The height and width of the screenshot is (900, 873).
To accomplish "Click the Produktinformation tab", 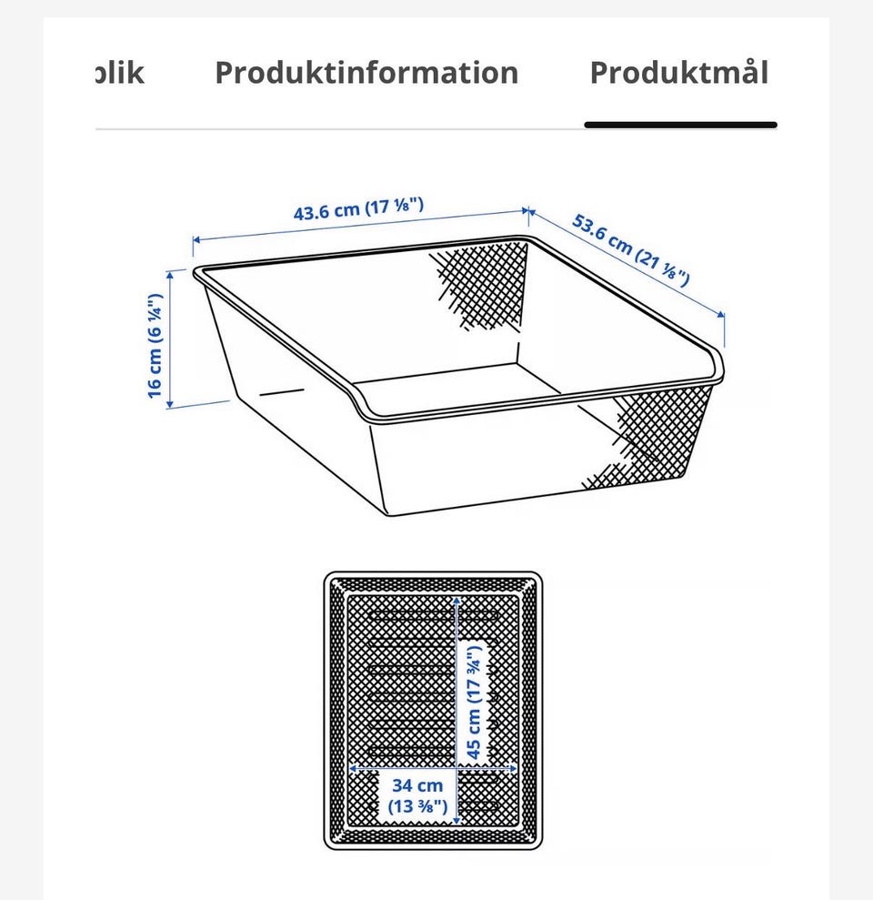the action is click(x=366, y=73).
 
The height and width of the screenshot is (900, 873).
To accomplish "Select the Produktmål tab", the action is click(x=679, y=72).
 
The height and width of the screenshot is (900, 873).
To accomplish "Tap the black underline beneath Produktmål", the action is click(x=681, y=125).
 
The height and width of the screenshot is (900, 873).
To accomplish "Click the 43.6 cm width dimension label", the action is click(x=358, y=208).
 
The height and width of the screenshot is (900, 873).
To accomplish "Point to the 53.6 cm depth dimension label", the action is click(x=631, y=249).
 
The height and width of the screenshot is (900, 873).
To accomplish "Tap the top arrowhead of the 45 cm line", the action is click(x=457, y=601).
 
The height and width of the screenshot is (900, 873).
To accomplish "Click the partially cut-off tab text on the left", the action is click(x=119, y=73).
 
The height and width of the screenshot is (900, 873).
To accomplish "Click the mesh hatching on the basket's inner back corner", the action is click(x=483, y=285).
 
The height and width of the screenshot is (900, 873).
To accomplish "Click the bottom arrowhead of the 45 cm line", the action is click(x=457, y=820).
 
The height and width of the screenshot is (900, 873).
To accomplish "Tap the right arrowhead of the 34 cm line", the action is click(x=512, y=768).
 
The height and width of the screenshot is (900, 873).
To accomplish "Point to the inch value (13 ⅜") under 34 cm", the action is click(x=417, y=806).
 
